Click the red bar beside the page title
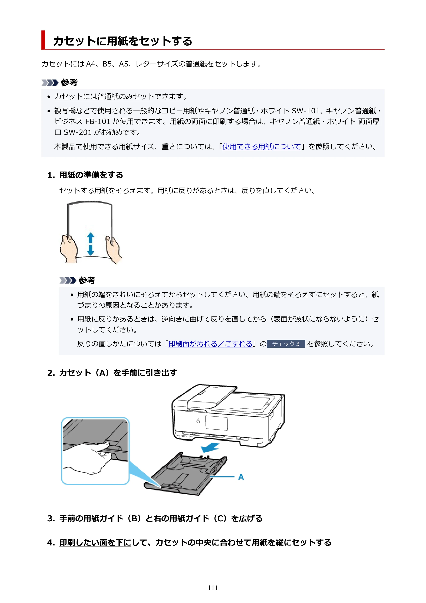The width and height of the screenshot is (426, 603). pos(43,40)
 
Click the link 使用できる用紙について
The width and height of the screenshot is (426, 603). pos(261,147)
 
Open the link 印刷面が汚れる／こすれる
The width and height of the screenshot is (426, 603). pos(210,344)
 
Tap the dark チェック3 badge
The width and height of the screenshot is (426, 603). pos(286,344)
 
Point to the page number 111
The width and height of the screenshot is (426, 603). pos(213,588)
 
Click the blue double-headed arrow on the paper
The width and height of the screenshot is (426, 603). pos(91,244)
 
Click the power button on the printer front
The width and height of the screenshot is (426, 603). pos(198,421)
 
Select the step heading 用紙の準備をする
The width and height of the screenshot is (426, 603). pos(91,175)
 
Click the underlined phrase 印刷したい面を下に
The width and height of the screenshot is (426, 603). pos(95,542)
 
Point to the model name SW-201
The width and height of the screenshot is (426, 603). pos(78,132)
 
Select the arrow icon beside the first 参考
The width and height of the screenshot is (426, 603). pos(50,83)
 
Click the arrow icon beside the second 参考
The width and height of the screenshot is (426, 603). pos(68,281)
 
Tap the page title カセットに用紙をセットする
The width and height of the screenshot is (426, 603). pos(122,41)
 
